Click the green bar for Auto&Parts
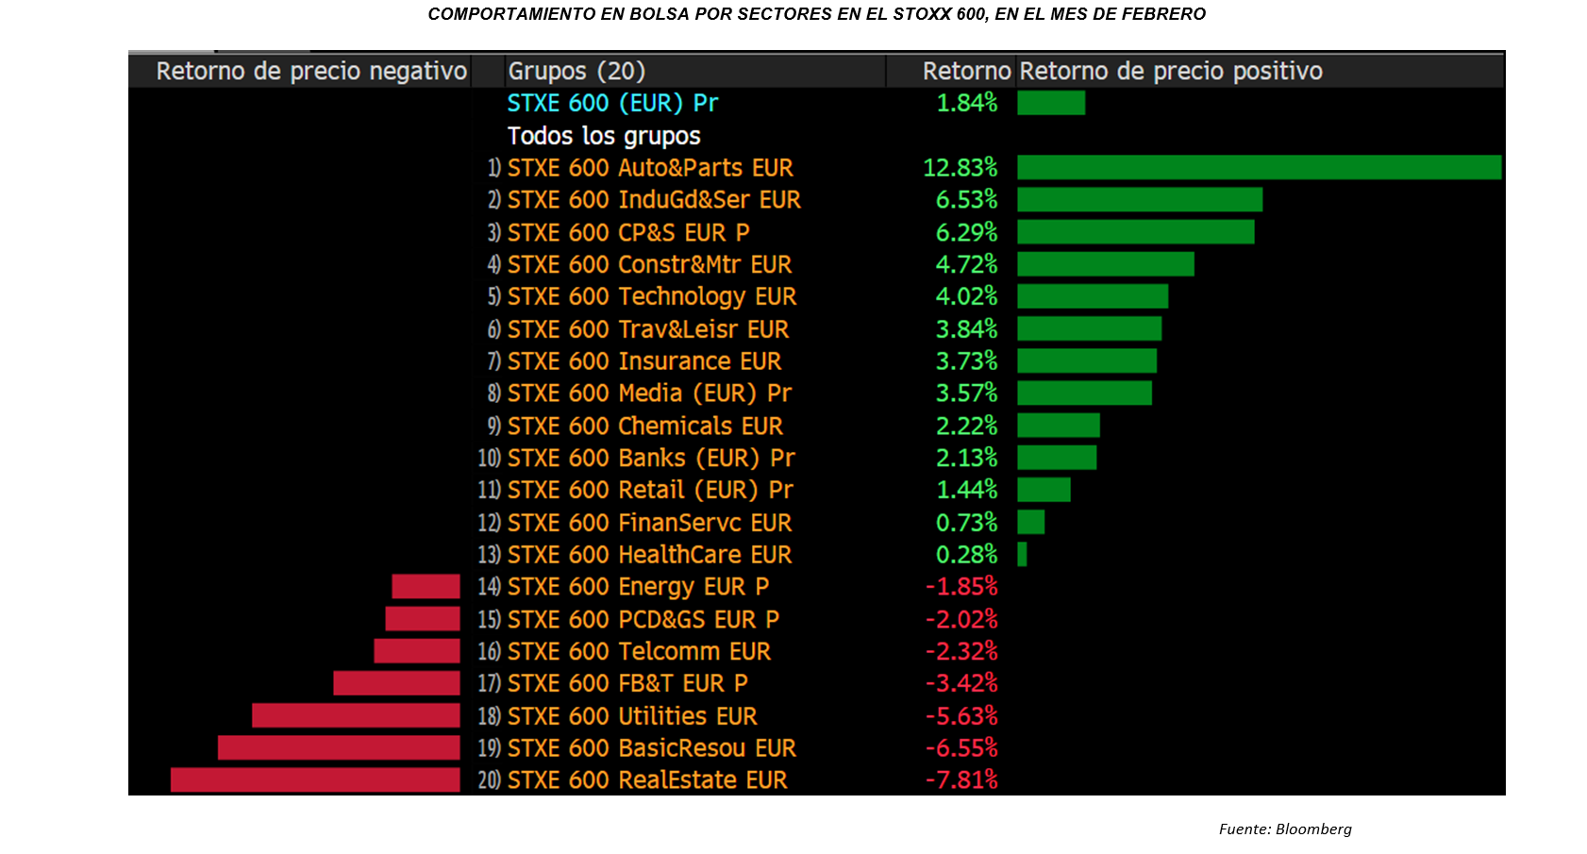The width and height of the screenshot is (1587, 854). click(x=1259, y=167)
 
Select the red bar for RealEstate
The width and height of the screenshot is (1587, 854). click(x=315, y=779)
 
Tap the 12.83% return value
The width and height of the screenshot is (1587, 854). click(x=960, y=168)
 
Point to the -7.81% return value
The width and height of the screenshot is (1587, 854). click(x=961, y=779)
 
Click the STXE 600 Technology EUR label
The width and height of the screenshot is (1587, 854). click(x=652, y=296)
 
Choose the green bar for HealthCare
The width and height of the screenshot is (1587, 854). click(x=1022, y=555)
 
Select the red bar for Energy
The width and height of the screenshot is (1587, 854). click(x=426, y=587)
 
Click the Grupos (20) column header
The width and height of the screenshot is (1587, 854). click(x=576, y=71)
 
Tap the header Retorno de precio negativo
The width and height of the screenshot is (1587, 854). click(x=311, y=71)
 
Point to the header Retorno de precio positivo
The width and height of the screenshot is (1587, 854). click(x=1171, y=71)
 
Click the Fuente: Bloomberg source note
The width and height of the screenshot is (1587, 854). click(x=1285, y=829)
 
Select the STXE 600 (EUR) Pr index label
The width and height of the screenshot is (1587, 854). click(x=612, y=103)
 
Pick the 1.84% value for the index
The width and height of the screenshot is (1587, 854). click(x=966, y=103)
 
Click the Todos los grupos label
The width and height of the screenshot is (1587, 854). click(x=604, y=136)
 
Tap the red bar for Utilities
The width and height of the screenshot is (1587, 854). click(x=356, y=715)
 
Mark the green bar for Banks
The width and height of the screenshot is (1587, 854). click(x=1057, y=458)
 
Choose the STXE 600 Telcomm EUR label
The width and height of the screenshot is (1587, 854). click(x=639, y=651)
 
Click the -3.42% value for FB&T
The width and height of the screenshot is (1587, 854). click(x=961, y=683)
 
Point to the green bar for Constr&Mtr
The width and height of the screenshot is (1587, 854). click(x=1106, y=264)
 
